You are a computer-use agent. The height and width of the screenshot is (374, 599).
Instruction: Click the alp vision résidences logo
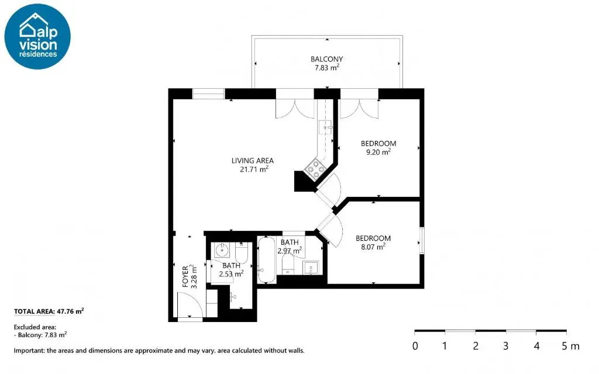[x=37, y=37]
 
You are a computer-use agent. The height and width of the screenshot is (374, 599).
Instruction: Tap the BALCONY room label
[x=326, y=59]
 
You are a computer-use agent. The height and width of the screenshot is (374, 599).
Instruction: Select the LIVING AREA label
[x=253, y=161]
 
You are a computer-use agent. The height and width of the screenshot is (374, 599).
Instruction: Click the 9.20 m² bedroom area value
[x=378, y=152]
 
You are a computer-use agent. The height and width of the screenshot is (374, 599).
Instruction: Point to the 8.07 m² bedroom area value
[x=373, y=247]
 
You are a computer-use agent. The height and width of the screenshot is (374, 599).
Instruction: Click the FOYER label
[x=185, y=276]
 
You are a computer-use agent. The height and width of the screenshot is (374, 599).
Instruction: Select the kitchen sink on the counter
[x=325, y=127]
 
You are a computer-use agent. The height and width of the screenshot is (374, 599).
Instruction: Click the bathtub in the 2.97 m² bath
[x=267, y=260]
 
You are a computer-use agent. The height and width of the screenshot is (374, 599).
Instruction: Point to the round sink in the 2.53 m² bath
[x=222, y=250]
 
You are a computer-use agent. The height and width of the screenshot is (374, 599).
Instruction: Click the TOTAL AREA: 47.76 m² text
[x=49, y=311]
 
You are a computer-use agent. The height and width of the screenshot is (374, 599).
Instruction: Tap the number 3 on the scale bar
[x=506, y=346]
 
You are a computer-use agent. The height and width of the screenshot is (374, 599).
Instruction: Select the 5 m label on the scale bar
[x=570, y=346]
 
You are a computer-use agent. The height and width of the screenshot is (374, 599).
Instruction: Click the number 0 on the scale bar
[x=415, y=346]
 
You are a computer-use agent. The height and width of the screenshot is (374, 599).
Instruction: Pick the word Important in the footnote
[x=29, y=351]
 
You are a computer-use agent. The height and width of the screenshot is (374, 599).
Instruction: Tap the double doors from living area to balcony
[x=295, y=109]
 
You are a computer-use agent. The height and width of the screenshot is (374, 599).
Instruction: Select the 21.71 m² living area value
[x=254, y=169]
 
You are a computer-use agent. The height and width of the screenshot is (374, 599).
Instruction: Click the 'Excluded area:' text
[x=35, y=327]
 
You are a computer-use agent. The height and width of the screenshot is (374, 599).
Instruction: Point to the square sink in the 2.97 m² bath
[x=311, y=268]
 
